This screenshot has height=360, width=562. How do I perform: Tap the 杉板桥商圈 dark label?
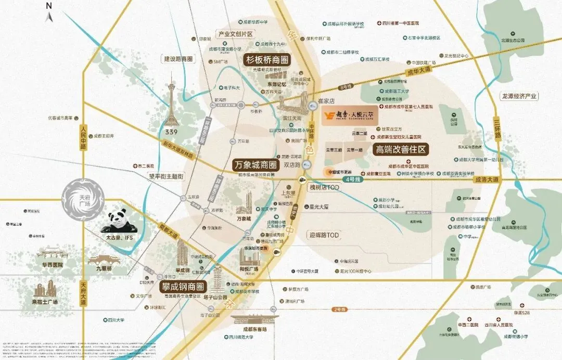pos(266,59)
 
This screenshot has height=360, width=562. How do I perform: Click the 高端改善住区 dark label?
pos(401,149)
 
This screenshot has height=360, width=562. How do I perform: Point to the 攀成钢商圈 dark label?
pos(183,286)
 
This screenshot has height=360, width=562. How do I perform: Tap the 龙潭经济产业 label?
pos(518,96)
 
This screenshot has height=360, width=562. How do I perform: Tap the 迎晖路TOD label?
pos(325,235)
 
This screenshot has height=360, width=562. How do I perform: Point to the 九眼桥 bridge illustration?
pos(103,259)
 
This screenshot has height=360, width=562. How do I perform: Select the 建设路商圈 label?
pos(178,59)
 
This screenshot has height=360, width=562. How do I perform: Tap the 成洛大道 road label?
pos(486,179)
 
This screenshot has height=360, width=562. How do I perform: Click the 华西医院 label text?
pos(49,265)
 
